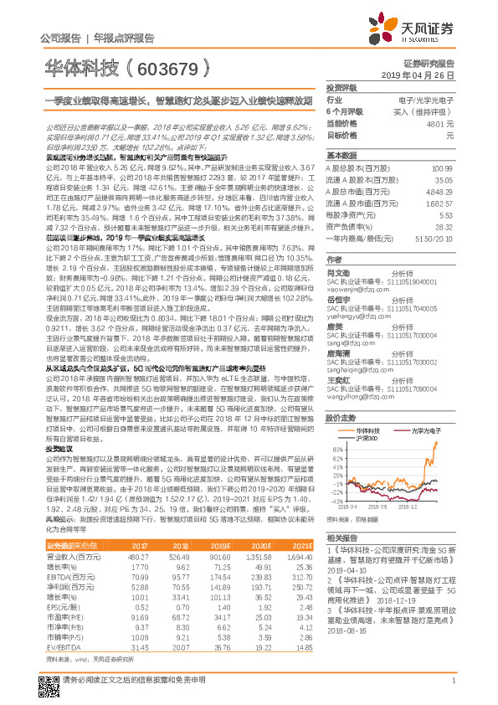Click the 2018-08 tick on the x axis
[x=348, y=507]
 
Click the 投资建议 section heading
[x=59, y=448]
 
